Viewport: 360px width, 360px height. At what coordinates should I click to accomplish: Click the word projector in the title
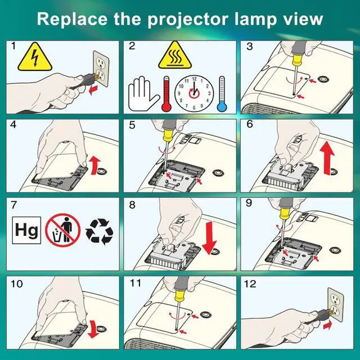[x=187, y=20]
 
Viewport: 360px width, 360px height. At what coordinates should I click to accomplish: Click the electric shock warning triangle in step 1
[x=35, y=57]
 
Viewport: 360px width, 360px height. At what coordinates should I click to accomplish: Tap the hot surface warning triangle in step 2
[x=174, y=56]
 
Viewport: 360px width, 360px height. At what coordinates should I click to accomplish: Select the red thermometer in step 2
[x=166, y=94]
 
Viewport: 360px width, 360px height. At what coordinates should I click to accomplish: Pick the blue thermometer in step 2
[x=222, y=94]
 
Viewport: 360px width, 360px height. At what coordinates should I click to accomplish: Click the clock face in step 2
[x=194, y=94]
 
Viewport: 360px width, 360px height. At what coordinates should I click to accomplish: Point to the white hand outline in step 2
[x=142, y=94]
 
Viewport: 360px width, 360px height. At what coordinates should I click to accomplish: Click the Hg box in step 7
[x=26, y=230]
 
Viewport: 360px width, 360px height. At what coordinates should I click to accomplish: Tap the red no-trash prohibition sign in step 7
[x=62, y=230]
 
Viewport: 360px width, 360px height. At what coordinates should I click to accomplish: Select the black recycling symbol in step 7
[x=99, y=231]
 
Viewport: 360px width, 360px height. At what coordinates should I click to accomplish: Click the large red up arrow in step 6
[x=328, y=158]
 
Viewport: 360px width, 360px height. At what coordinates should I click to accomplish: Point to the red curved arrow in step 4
[x=95, y=165]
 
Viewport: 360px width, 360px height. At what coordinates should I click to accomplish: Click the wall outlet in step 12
[x=335, y=304]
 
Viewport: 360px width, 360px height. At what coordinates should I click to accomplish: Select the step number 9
[x=249, y=203]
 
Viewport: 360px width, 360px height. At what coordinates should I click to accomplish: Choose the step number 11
[x=135, y=283]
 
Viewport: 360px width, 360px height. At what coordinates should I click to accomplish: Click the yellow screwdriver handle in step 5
[x=169, y=135]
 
